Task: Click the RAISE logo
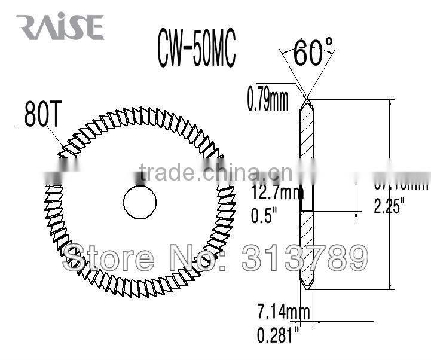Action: coord(60,27)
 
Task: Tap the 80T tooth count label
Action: coord(42,114)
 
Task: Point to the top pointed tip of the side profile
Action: coord(306,99)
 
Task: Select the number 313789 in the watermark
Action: coord(304,258)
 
